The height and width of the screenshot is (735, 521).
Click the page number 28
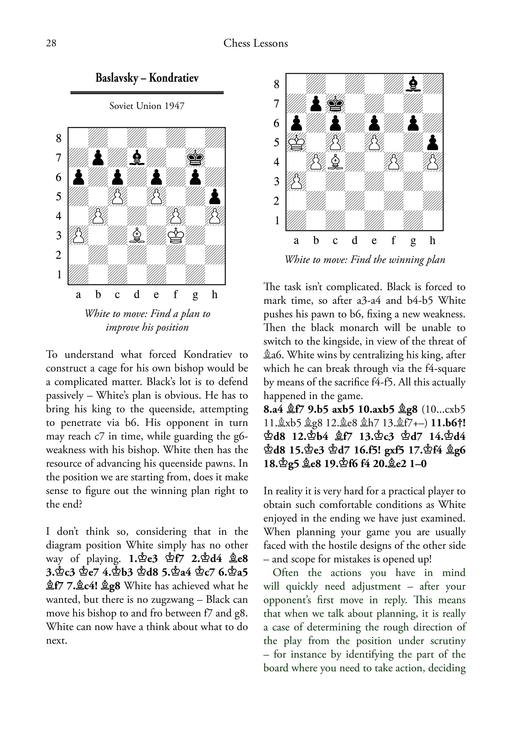pos(51,43)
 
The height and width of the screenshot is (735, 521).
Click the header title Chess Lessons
pos(256,43)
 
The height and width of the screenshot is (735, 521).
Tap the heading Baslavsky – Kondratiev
pos(147,78)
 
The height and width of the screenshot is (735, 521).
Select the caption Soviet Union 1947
pos(147,106)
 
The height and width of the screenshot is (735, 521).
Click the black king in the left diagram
pos(195,157)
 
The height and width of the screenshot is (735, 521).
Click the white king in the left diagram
pos(175,235)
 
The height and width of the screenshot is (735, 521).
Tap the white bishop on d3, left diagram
pos(137,235)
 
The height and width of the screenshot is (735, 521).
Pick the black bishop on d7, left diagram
pos(137,157)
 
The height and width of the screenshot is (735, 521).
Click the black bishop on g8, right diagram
pos(413,84)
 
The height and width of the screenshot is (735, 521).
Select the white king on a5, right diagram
pos(296,142)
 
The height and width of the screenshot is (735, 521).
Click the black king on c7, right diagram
pos(335,103)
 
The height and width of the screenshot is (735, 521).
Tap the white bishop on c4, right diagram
pos(335,162)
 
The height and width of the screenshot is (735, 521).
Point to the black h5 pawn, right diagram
pos(432,142)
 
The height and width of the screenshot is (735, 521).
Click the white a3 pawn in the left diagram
pos(78,235)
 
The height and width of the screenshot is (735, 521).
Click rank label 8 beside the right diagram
pos(277,84)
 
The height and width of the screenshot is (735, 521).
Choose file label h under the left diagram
pos(214,295)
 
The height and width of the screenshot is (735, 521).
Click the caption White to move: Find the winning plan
pos(365,259)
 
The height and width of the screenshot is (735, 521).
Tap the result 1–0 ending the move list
pos(418,464)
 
